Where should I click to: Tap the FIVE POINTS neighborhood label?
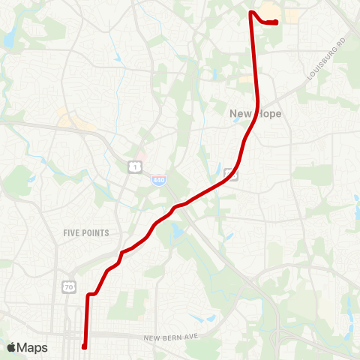[86, 233]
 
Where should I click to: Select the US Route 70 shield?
[68, 286]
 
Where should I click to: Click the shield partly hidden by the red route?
[232, 175]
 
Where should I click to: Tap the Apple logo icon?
[12, 347]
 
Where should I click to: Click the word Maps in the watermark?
[32, 347]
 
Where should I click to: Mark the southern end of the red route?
[84, 346]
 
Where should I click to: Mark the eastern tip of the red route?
[277, 22]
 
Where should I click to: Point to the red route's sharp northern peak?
[251, 11]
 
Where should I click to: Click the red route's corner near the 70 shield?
[89, 295]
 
